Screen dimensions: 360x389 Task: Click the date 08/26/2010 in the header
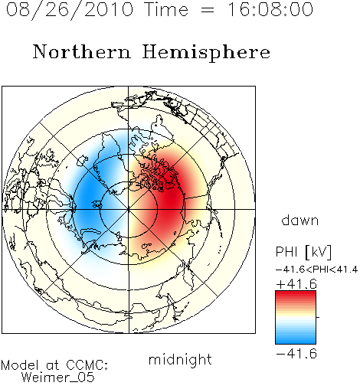[x=70, y=10]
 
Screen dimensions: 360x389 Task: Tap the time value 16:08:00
[x=270, y=9]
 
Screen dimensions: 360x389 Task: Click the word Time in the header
[x=166, y=9]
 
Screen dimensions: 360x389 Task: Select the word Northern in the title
[x=82, y=51]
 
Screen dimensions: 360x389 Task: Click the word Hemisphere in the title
[x=206, y=53]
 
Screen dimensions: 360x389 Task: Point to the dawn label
[x=300, y=220]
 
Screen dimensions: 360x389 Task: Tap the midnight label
[x=180, y=360]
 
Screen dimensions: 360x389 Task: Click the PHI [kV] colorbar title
[x=303, y=252]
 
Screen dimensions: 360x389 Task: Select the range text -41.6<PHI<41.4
[x=317, y=270]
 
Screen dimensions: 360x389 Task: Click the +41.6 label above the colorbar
[x=296, y=284]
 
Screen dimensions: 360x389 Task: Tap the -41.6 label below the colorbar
[x=296, y=354]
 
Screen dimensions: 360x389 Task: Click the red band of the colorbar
[x=296, y=296]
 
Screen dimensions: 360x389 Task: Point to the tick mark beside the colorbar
[x=318, y=317]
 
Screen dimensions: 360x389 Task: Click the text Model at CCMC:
[x=54, y=365]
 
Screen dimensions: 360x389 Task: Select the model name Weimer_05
[x=58, y=377]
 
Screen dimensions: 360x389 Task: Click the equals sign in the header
[x=208, y=11]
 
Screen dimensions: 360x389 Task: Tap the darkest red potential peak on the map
[x=172, y=197]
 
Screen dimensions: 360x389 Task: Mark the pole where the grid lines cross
[x=129, y=209]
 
